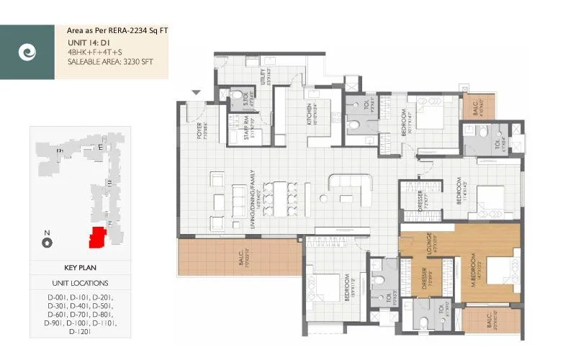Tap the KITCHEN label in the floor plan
[x=310, y=113]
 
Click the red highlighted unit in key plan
[x=95, y=237]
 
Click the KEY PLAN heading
[x=80, y=267]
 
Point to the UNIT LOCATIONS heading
[x=80, y=283]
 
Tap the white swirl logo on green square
[x=27, y=53]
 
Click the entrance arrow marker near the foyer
[x=195, y=92]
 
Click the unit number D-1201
[x=80, y=333]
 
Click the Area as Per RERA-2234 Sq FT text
[x=117, y=31]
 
